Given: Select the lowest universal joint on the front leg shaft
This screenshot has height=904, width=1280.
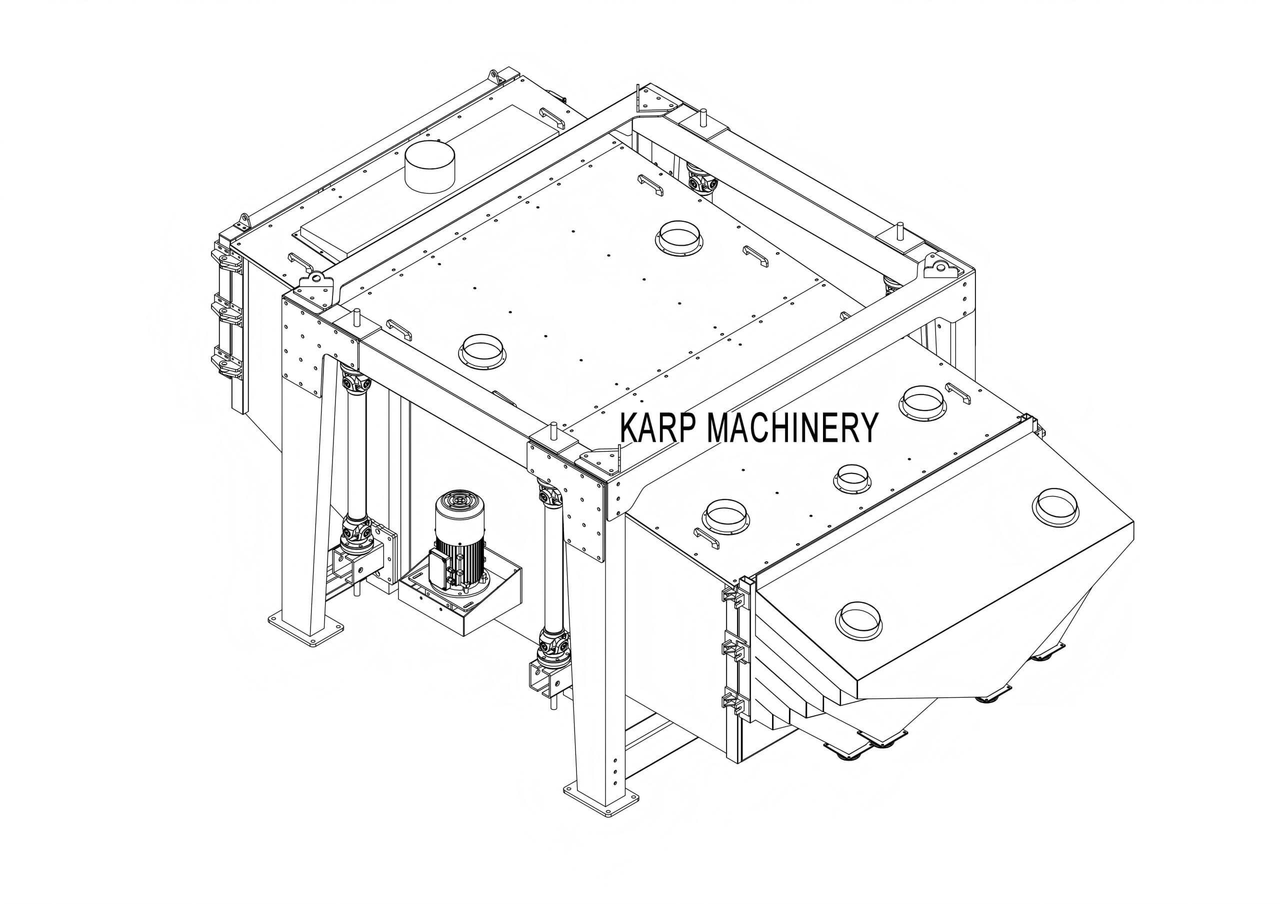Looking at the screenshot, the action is (x=552, y=647).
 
